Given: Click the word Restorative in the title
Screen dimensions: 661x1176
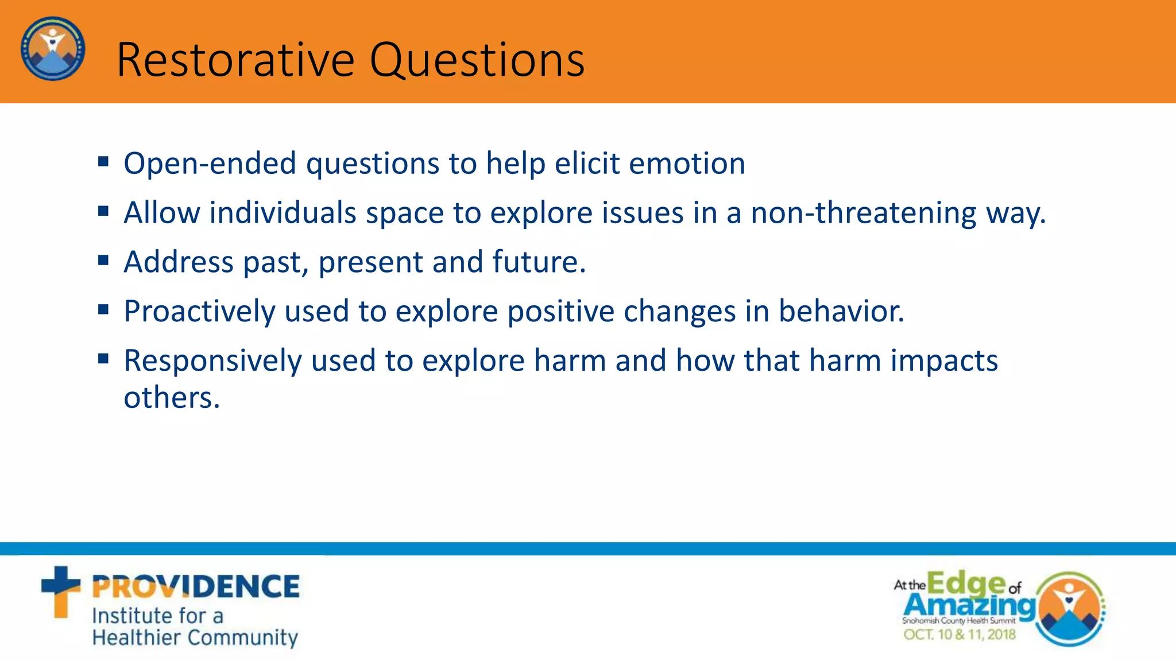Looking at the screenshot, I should pos(235,60).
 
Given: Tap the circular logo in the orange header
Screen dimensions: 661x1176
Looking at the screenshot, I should pos(53,49).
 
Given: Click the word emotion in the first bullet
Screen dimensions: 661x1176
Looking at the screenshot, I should pos(687,163).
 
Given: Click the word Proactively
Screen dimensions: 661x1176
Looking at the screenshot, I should pos(199,312).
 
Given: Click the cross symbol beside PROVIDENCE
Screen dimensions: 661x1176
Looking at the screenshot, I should pos(60,591).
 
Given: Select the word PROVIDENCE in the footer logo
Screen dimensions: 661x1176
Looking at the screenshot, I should pos(196,587).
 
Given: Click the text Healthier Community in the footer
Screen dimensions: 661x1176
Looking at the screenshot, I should pos(195,637).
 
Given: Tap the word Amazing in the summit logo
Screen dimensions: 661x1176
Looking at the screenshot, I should pos(969,605).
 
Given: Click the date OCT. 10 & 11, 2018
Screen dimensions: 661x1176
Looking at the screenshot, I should pos(960,635).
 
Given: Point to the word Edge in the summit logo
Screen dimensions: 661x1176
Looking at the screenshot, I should pos(965,583).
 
